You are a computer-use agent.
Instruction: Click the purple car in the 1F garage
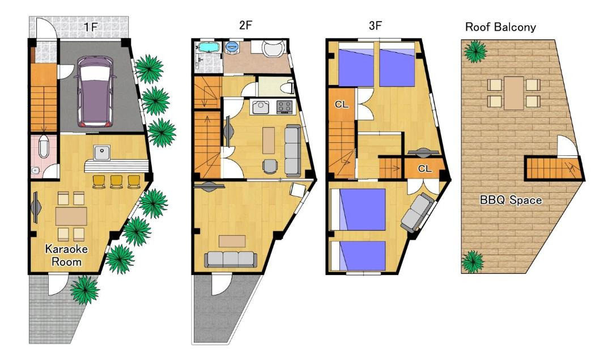tap(95, 92)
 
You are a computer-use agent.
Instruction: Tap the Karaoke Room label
tap(66, 255)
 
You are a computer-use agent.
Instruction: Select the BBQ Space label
tap(511, 200)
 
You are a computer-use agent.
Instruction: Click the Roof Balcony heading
tap(500, 27)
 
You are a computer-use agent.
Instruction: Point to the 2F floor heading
tap(245, 26)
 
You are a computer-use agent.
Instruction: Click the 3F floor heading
tap(375, 26)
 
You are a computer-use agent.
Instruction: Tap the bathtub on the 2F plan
tap(209, 48)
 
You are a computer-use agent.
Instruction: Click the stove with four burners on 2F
tap(284, 107)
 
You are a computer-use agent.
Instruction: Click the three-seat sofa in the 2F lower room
tap(231, 259)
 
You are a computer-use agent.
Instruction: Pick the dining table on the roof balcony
tap(513, 93)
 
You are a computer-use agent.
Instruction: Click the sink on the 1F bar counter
tap(102, 152)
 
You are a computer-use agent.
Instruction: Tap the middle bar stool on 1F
tap(116, 181)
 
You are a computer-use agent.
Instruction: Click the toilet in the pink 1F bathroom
tap(43, 147)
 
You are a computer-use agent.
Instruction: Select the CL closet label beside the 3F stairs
tap(342, 104)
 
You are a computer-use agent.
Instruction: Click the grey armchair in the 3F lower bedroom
tap(417, 213)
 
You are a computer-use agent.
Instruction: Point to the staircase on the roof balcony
tap(554, 168)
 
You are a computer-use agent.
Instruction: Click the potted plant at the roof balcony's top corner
tap(475, 51)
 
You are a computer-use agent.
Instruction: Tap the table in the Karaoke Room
tap(71, 217)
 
